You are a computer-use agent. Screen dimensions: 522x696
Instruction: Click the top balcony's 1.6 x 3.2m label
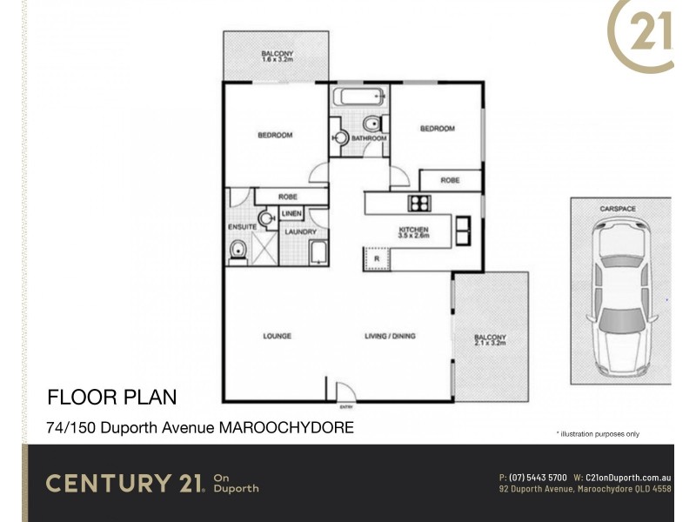(278, 58)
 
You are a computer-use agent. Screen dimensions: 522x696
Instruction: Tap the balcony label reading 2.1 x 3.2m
(490, 341)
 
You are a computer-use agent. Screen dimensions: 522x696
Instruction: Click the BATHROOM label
(369, 137)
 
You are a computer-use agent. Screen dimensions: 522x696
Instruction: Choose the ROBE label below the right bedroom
(450, 181)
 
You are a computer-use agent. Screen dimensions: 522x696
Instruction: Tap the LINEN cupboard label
(291, 214)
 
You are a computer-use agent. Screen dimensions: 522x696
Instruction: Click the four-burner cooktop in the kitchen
(419, 204)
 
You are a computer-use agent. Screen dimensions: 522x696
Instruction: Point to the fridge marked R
(376, 258)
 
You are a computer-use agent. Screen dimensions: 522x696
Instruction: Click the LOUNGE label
(278, 336)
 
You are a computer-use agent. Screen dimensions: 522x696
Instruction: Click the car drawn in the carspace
(619, 296)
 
